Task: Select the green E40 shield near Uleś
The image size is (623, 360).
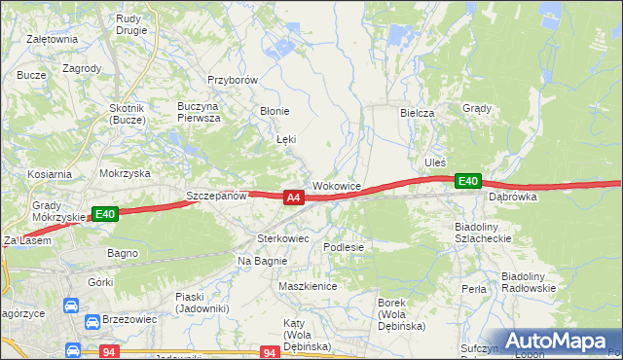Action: pos(468,181)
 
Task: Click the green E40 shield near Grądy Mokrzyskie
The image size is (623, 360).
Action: pos(105,214)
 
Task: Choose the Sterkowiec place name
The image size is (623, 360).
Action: pos(282,237)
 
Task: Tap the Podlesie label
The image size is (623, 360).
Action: pos(344,247)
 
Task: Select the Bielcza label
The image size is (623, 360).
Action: pos(417,113)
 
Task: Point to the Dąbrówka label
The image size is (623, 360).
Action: pos(513,196)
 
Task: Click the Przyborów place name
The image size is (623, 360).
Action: pos(232,81)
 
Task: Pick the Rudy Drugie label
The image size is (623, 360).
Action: pos(129,23)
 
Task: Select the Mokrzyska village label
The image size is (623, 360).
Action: pos(125,172)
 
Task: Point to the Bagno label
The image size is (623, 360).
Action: pos(123,253)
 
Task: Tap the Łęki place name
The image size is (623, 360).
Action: pos(286,139)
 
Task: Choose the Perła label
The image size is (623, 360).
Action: pos(474,289)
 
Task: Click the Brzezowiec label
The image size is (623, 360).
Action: pos(128,318)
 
